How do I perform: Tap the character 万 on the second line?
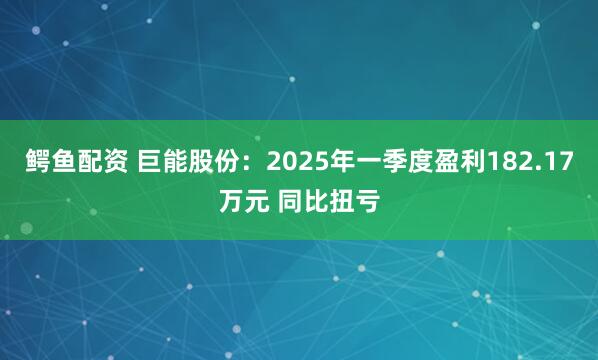pos(231,199)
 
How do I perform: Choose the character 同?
pos(292,199)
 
